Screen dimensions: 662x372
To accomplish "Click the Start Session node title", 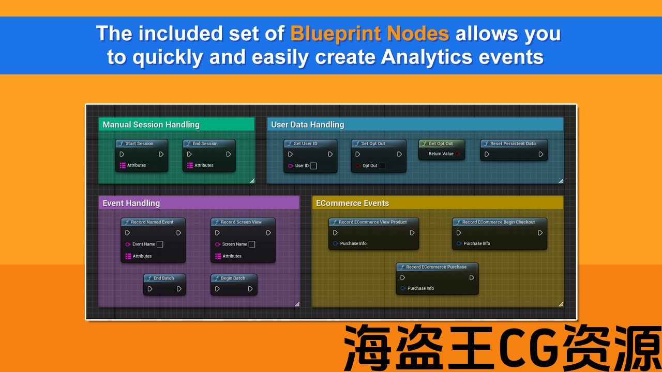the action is [x=139, y=144].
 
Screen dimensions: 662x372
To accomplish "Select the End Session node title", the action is [x=205, y=144].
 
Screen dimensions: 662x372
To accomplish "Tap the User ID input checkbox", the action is [x=313, y=166].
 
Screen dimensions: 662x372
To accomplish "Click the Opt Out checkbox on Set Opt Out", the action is [x=382, y=166].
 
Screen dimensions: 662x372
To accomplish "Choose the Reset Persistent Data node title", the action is [x=513, y=144].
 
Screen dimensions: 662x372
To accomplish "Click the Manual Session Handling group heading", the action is [x=151, y=125].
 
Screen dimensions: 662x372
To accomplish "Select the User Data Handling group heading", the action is [x=308, y=125].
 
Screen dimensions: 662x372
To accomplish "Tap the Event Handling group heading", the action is [x=131, y=204].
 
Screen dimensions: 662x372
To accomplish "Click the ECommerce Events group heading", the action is [x=353, y=203].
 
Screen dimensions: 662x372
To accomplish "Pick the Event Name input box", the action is [x=160, y=244].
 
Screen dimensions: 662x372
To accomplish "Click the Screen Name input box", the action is [x=252, y=244].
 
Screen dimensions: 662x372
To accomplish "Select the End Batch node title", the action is [x=164, y=278].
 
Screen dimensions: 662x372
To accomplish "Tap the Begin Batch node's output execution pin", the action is [x=250, y=289].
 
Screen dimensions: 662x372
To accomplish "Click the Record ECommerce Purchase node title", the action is [x=436, y=267].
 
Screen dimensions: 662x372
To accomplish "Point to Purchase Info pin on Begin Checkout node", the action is [x=459, y=243].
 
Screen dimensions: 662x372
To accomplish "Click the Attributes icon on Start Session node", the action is [x=123, y=165].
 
